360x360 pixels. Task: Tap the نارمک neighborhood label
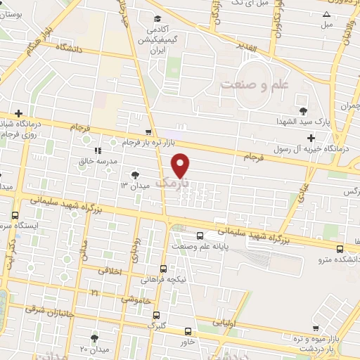tap(172, 183)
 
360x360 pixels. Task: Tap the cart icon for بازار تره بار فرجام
tap(148, 132)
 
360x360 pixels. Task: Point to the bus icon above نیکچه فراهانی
tap(164, 269)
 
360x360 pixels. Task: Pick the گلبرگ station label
tap(155, 326)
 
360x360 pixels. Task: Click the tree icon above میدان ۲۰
tap(94, 338)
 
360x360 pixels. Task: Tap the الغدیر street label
tap(268, 48)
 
